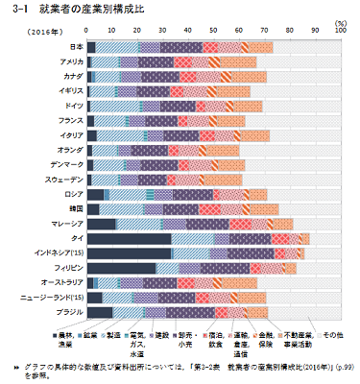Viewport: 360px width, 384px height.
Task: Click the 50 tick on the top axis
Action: point(213,32)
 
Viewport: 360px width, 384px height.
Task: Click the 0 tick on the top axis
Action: point(87,32)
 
